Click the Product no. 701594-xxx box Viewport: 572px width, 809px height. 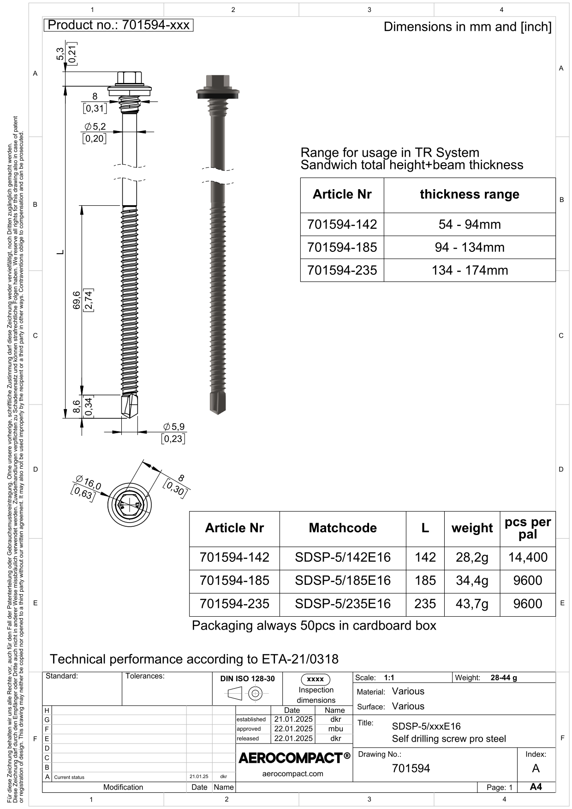(118, 25)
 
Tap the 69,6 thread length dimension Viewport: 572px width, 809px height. (77, 300)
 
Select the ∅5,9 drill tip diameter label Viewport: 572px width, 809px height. (174, 427)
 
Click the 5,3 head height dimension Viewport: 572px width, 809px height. (60, 54)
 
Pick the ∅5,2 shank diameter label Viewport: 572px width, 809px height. (95, 126)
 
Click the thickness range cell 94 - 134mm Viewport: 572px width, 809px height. (469, 247)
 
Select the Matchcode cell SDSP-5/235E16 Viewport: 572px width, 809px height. (342, 604)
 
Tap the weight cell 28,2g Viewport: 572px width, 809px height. (471, 557)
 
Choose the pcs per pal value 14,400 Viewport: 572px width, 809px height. (528, 557)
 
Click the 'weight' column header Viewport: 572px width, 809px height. (471, 528)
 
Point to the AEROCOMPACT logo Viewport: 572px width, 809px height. (294, 758)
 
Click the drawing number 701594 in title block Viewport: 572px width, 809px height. (411, 768)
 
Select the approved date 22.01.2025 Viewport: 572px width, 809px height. (293, 729)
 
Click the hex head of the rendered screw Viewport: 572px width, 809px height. (217, 81)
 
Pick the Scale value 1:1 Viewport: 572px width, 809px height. (389, 678)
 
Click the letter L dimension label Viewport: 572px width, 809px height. (60, 252)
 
